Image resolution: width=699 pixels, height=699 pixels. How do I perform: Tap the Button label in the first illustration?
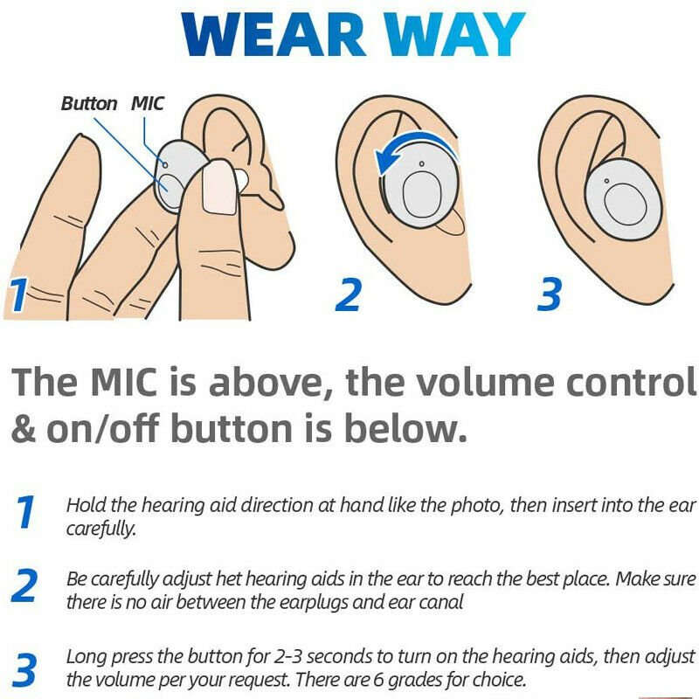click(88, 104)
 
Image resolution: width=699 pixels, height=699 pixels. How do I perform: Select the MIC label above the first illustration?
click(148, 104)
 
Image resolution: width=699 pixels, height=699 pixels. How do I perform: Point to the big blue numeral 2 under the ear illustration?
click(348, 294)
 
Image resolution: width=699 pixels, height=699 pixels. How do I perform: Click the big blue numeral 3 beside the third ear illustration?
click(549, 294)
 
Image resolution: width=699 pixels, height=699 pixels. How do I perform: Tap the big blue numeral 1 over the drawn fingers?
click(18, 295)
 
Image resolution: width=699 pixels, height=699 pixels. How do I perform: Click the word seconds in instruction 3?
click(281, 656)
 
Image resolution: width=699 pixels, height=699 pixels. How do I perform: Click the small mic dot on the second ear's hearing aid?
click(420, 163)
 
